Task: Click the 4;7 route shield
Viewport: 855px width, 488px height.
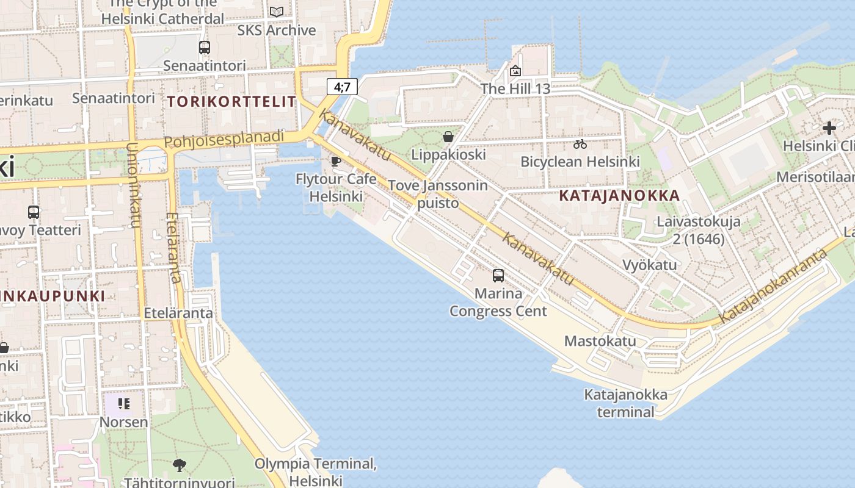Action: tap(342, 87)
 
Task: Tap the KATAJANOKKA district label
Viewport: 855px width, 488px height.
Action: tap(619, 196)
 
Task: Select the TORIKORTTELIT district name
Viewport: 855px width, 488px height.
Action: tap(231, 102)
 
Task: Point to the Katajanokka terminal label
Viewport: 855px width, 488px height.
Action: tap(625, 403)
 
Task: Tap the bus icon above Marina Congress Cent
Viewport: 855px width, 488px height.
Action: tap(498, 276)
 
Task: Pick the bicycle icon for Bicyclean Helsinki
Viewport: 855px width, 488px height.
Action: tap(580, 145)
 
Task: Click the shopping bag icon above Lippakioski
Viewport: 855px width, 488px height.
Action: tap(448, 137)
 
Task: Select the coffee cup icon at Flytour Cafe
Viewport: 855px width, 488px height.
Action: tap(335, 162)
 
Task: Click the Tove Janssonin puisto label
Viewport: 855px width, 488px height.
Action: tap(438, 194)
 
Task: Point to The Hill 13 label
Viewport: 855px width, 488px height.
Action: tap(515, 88)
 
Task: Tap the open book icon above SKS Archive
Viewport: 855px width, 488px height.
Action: tap(277, 12)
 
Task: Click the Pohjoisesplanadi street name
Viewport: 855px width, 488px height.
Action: tap(224, 140)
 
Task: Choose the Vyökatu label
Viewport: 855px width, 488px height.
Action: tap(649, 265)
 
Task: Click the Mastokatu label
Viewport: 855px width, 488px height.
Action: tap(600, 341)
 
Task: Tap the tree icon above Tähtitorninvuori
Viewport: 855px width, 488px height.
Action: tap(180, 466)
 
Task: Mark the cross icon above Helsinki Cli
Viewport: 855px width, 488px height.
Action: tap(829, 128)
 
